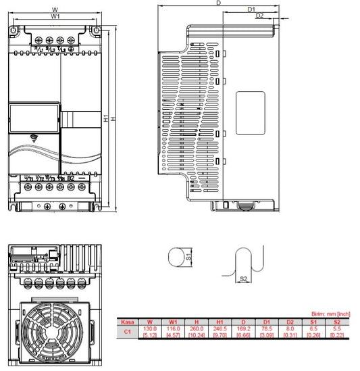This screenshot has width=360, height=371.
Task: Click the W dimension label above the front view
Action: [54, 9]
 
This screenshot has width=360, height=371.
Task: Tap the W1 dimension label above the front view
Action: [55, 16]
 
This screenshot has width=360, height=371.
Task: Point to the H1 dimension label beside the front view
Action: [105, 118]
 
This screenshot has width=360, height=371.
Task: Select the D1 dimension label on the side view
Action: [251, 9]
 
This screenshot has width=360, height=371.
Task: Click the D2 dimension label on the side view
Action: [259, 16]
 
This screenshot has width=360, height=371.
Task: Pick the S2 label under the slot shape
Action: [244, 278]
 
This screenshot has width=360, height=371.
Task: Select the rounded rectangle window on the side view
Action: [249, 112]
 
